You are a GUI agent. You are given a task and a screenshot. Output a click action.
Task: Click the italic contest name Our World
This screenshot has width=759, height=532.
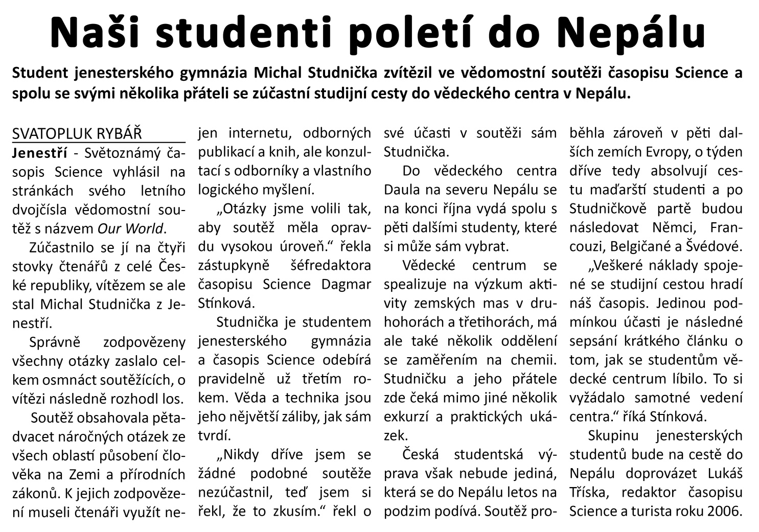[x=130, y=228]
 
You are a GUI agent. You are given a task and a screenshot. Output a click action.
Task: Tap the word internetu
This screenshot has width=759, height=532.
[x=260, y=133]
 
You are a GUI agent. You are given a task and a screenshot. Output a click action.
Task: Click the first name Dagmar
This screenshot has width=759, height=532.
[x=346, y=284]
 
